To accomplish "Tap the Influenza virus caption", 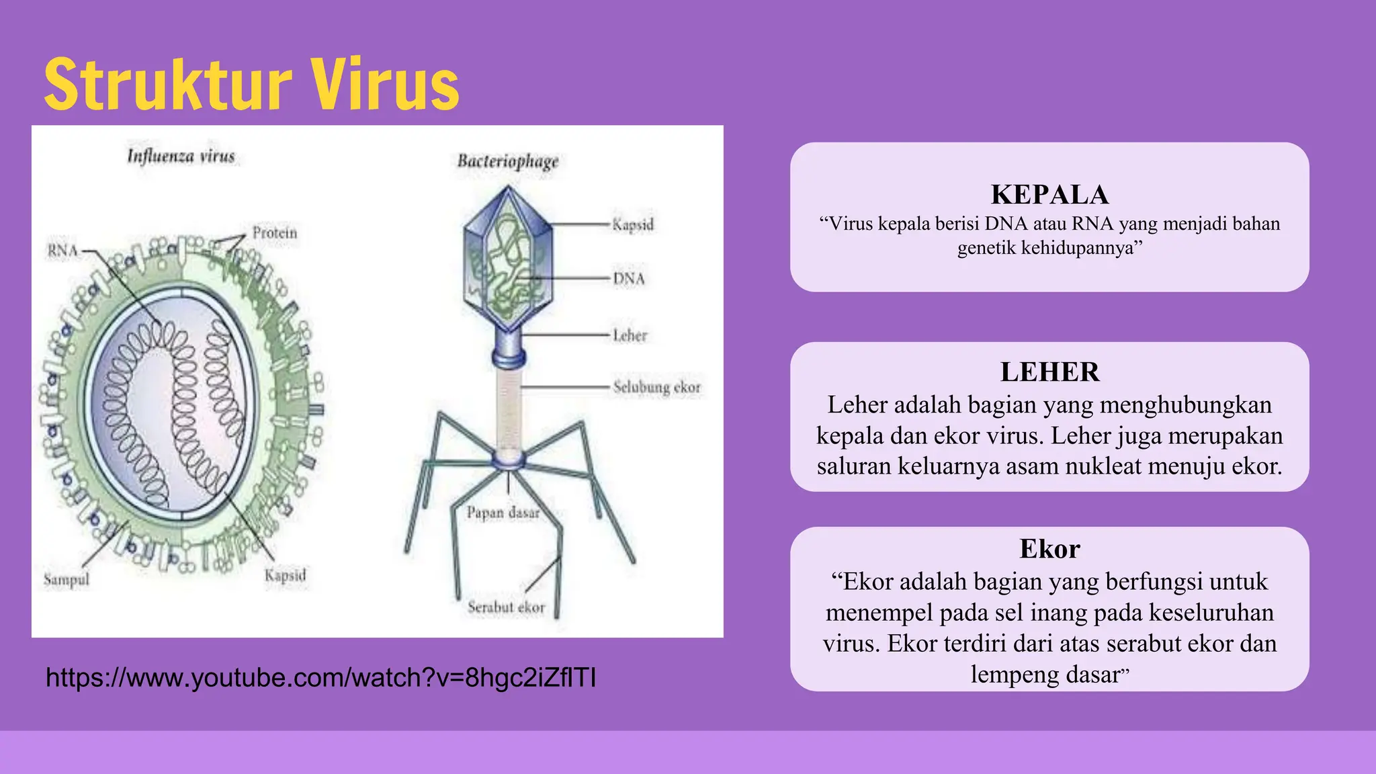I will [181, 157].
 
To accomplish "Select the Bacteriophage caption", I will [508, 161].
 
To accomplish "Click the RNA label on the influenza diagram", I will [62, 251].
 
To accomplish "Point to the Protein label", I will [274, 232].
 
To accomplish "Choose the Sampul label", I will [66, 579].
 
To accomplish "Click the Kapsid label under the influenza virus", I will [285, 575].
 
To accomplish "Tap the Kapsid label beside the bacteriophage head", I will [633, 224].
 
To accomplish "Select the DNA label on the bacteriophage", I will [628, 278].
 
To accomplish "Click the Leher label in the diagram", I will [630, 335].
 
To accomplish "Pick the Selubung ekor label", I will [656, 387].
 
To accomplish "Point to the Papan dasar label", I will [503, 513].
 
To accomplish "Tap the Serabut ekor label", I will [506, 607].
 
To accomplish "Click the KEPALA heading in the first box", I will [1049, 195].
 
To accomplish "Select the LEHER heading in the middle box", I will [1049, 372].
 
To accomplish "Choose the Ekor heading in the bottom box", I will [1049, 549].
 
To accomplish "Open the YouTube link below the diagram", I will [321, 678].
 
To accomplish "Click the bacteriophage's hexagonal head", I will [508, 259].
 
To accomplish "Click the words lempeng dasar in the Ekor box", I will [1044, 674].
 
